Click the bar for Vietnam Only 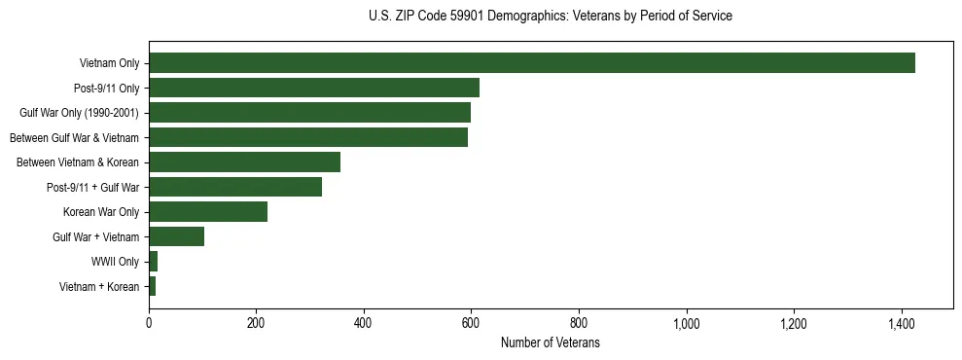click(x=531, y=63)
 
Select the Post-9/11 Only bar click(x=313, y=88)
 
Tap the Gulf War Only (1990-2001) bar click(x=309, y=113)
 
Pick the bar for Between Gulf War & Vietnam click(x=307, y=137)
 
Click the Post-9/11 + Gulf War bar click(x=234, y=187)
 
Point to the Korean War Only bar click(x=207, y=212)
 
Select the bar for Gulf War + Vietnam click(x=176, y=236)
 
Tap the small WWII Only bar click(x=153, y=262)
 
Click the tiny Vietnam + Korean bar click(x=152, y=286)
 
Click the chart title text click(x=551, y=17)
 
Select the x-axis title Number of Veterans click(x=550, y=343)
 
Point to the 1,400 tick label click(x=902, y=323)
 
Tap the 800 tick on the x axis click(x=579, y=323)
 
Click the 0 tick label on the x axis click(x=149, y=323)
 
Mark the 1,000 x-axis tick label click(x=687, y=323)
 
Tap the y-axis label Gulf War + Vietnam click(x=95, y=236)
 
